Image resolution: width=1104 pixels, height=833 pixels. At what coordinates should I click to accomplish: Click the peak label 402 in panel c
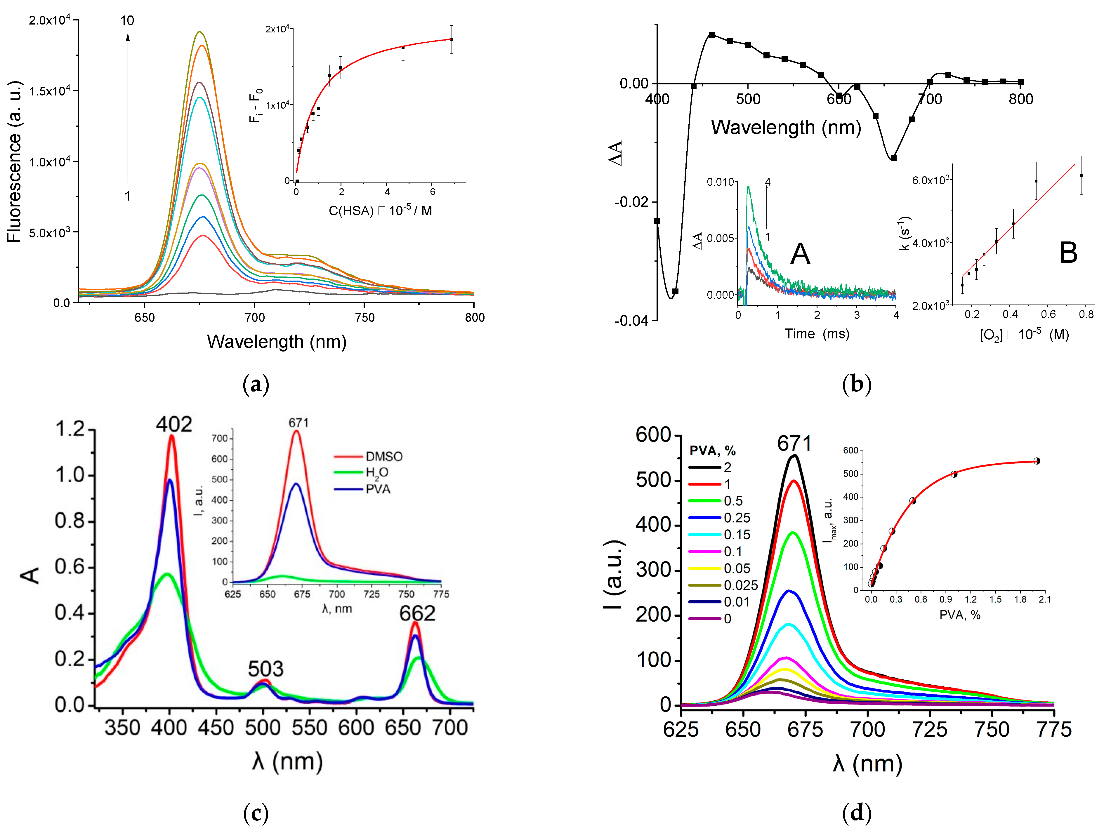pyautogui.click(x=174, y=425)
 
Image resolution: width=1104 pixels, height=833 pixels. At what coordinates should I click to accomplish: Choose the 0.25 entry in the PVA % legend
pyautogui.click(x=737, y=518)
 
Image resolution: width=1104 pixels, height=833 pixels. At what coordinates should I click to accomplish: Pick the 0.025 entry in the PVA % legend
pyautogui.click(x=741, y=585)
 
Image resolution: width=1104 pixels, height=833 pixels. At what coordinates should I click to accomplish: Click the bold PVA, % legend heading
pyautogui.click(x=712, y=451)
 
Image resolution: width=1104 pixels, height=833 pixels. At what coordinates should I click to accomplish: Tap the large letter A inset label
pyautogui.click(x=800, y=254)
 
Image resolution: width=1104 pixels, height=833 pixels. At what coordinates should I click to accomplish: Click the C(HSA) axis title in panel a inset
pyautogui.click(x=380, y=211)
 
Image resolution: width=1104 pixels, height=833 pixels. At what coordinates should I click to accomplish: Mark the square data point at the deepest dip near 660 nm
pyautogui.click(x=893, y=158)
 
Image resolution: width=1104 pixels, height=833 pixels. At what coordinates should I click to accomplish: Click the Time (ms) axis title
pyautogui.click(x=817, y=334)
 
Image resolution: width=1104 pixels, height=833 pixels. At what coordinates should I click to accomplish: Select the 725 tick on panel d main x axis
pyautogui.click(x=930, y=730)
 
